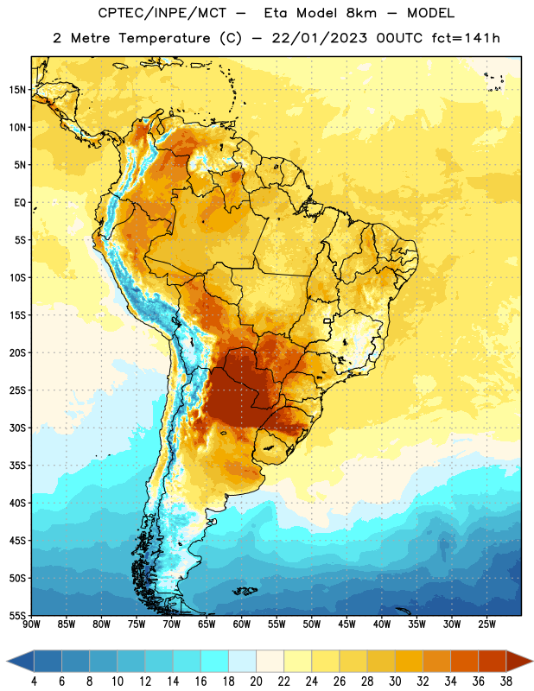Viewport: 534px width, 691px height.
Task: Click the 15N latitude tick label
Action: point(17,90)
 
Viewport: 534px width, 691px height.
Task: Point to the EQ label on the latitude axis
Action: point(20,203)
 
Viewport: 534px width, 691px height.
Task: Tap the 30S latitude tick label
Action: point(17,428)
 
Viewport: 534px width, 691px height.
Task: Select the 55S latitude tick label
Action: point(17,615)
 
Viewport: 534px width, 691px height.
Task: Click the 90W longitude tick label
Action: point(31,624)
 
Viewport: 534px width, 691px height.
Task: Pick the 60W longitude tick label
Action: point(242,624)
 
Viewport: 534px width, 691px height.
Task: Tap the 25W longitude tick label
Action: point(486,624)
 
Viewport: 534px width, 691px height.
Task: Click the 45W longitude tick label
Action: point(346,624)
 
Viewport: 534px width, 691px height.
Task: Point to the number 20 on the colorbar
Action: point(256,681)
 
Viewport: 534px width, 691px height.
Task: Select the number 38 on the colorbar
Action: point(506,681)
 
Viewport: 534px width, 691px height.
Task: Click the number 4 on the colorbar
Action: point(34,681)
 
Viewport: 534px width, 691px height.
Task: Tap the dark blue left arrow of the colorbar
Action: point(20,661)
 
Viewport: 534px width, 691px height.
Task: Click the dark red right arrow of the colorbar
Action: point(520,661)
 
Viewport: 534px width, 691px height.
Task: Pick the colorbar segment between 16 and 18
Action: point(215,661)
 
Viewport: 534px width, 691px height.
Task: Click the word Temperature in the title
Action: point(164,38)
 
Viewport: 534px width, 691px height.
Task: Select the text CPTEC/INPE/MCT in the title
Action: point(162,13)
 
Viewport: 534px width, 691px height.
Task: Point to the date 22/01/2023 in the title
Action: point(319,38)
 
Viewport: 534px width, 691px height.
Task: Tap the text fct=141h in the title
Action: point(466,38)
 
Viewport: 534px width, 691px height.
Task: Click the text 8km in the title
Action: point(361,13)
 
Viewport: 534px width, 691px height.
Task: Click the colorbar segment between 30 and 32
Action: point(410,661)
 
